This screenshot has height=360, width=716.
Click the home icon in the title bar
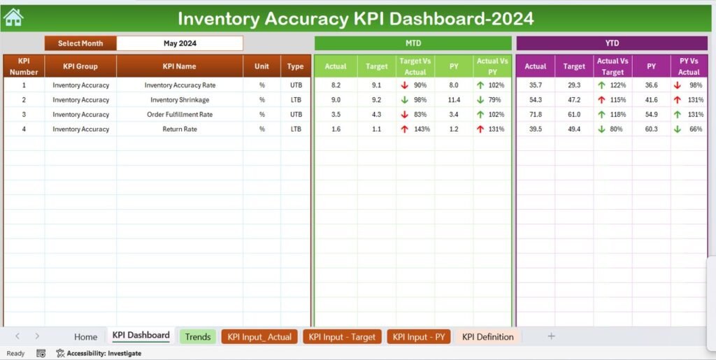click(x=13, y=17)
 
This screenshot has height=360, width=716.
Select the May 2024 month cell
click(x=180, y=43)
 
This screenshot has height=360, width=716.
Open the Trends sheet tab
click(x=198, y=337)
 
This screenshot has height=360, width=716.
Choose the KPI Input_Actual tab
click(x=260, y=337)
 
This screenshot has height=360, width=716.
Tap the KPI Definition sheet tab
click(x=487, y=337)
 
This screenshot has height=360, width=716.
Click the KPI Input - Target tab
click(x=342, y=337)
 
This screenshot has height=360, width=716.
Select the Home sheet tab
click(x=86, y=337)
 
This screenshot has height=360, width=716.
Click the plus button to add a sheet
click(x=551, y=336)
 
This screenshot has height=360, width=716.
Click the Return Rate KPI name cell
click(x=180, y=129)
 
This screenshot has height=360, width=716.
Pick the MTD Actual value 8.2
click(x=336, y=85)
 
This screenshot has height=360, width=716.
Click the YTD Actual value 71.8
click(x=536, y=115)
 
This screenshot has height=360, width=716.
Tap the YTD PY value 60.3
click(x=652, y=129)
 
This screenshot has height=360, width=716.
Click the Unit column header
click(x=262, y=66)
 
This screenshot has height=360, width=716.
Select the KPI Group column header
click(x=80, y=66)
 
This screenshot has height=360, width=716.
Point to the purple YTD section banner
click(x=612, y=43)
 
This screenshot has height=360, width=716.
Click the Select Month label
click(x=80, y=43)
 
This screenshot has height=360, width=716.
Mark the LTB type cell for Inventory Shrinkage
click(x=296, y=100)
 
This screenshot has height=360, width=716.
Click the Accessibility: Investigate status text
click(x=103, y=354)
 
